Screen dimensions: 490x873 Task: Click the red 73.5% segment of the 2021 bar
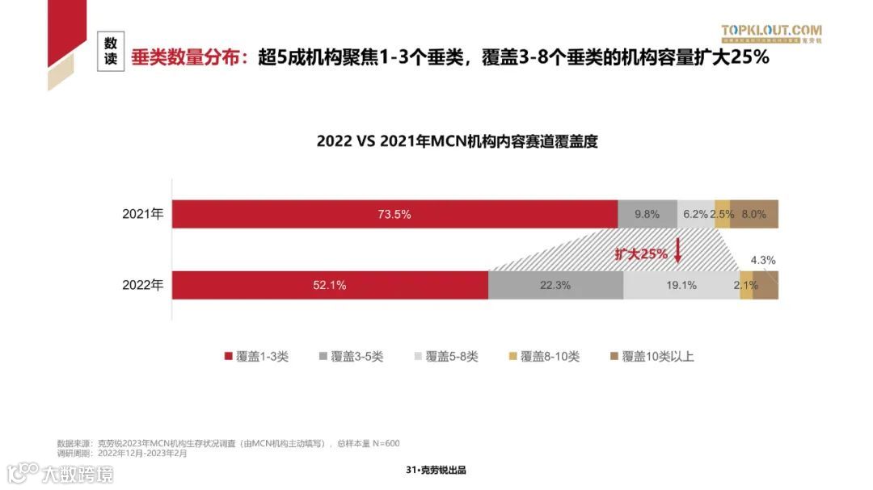[394, 214]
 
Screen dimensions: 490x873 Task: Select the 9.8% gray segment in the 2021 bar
[647, 214]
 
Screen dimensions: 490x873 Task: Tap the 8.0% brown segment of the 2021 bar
[754, 214]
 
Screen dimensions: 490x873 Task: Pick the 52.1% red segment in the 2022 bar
[330, 285]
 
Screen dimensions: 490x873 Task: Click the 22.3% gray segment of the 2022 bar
[555, 285]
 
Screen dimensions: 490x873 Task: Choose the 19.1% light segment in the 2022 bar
[681, 285]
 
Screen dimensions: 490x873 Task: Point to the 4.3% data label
[763, 260]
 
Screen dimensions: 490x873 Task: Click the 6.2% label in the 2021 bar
[695, 214]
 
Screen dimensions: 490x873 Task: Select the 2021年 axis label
[143, 214]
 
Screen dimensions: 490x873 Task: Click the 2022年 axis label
[143, 285]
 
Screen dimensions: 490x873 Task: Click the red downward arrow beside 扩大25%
[677, 253]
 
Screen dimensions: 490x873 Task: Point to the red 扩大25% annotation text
[641, 253]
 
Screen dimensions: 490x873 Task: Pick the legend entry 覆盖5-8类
[445, 356]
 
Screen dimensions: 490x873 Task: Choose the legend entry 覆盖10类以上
[651, 356]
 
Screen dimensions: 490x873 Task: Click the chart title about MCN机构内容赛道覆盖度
[457, 141]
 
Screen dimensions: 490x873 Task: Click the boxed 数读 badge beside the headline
[112, 52]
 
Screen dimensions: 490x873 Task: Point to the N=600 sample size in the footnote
[385, 443]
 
